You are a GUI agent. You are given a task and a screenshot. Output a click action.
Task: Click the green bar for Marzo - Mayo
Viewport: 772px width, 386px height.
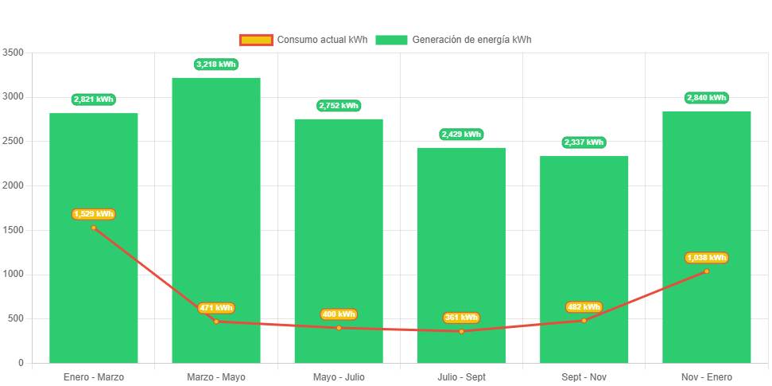[216, 199]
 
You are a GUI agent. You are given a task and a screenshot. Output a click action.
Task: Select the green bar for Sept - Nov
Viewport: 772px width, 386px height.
[584, 239]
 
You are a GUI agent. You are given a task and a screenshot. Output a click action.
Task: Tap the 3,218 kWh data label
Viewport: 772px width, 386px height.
[216, 64]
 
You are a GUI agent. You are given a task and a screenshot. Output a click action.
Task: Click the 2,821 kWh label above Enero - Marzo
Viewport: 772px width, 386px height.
[94, 99]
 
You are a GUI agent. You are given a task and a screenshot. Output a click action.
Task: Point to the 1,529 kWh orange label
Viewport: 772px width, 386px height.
[94, 214]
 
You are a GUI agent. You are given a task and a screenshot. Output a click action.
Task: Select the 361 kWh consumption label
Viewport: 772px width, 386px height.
[461, 318]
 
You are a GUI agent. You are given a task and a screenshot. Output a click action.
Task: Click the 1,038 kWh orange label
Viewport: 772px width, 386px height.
[706, 258]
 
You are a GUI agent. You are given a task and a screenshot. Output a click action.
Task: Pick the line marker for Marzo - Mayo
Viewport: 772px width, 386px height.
[216, 322]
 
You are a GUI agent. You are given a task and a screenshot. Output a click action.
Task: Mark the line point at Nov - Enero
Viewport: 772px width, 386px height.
[706, 271]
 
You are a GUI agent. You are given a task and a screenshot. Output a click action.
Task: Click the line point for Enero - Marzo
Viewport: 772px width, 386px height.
[94, 228]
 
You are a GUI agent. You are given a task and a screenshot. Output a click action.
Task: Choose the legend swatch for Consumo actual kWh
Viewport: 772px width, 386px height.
[256, 40]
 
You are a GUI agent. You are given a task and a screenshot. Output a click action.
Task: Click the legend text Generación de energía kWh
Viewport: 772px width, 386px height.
[472, 40]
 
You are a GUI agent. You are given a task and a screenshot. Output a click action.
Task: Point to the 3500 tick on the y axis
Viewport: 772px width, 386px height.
[14, 53]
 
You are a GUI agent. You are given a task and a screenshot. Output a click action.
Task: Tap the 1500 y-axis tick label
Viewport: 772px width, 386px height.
[14, 230]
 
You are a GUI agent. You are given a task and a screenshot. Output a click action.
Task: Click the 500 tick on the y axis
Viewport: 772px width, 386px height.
[16, 318]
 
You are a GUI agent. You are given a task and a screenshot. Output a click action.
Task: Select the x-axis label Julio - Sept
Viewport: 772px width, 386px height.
[461, 376]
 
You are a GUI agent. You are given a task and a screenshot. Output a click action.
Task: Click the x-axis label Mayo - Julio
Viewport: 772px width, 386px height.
[339, 376]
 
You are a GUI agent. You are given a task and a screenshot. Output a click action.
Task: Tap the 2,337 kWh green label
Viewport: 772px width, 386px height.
[584, 142]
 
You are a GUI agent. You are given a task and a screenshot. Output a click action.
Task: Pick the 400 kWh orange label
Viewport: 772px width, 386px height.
[339, 314]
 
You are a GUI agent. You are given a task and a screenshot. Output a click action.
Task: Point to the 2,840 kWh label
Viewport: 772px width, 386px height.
[706, 98]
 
